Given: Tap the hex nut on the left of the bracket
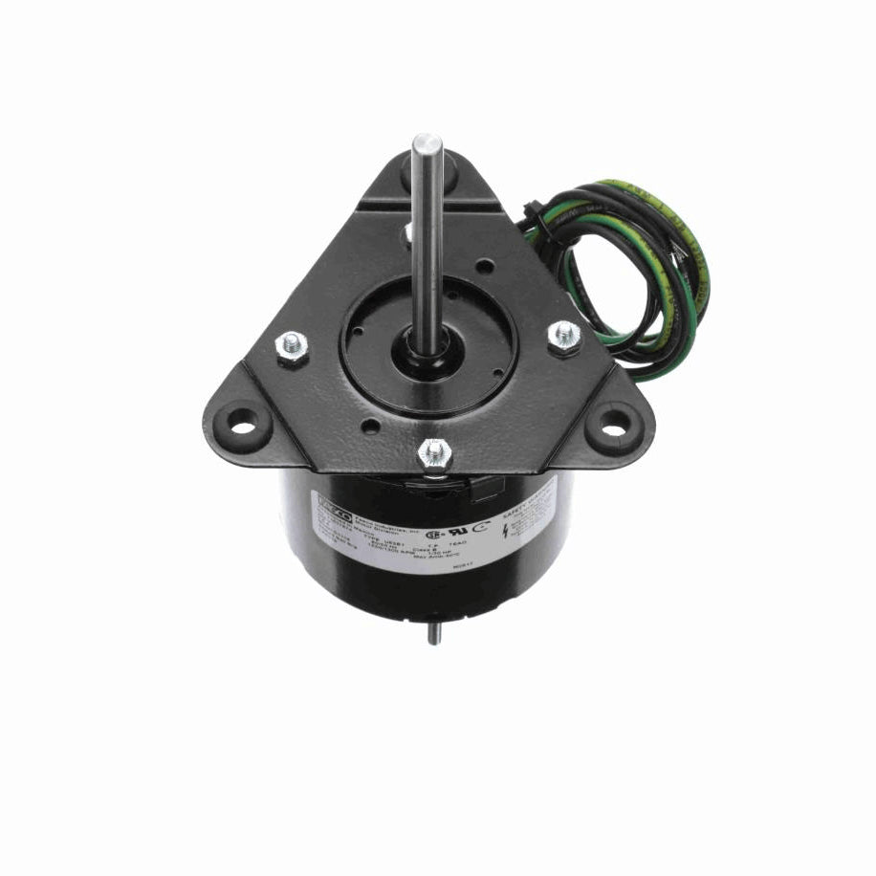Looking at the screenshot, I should (x=290, y=348).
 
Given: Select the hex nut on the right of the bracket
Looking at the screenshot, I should (x=564, y=335).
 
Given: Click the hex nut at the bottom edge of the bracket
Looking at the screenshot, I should (x=435, y=451).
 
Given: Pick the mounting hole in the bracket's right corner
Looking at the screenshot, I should (x=612, y=428).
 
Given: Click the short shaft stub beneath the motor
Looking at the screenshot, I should (x=433, y=634).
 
